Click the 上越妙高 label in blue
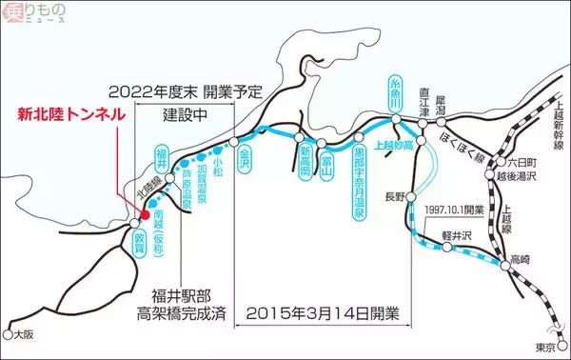394,147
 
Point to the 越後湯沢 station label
522,177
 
